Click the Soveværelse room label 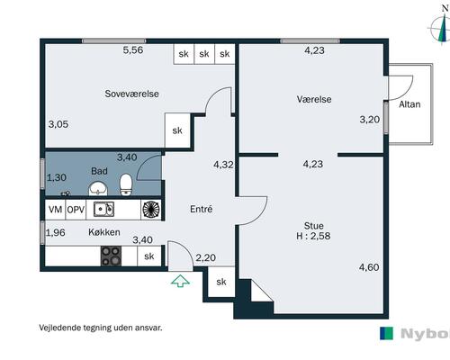click(131, 94)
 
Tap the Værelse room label click(314, 99)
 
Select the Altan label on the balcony click(409, 104)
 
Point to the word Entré click(202, 209)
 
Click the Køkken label click(104, 232)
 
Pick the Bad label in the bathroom click(99, 171)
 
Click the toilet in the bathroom click(126, 184)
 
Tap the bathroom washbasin click(98, 189)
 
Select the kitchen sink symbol click(103, 209)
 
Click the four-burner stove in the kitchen click(112, 256)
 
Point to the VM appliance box click(55, 210)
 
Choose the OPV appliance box click(76, 210)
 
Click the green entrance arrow click(180, 281)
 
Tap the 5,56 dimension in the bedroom click(133, 49)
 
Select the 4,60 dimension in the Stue click(369, 267)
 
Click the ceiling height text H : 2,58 click(313, 236)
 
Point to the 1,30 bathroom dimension click(57, 177)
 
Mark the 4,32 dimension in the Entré click(223, 165)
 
